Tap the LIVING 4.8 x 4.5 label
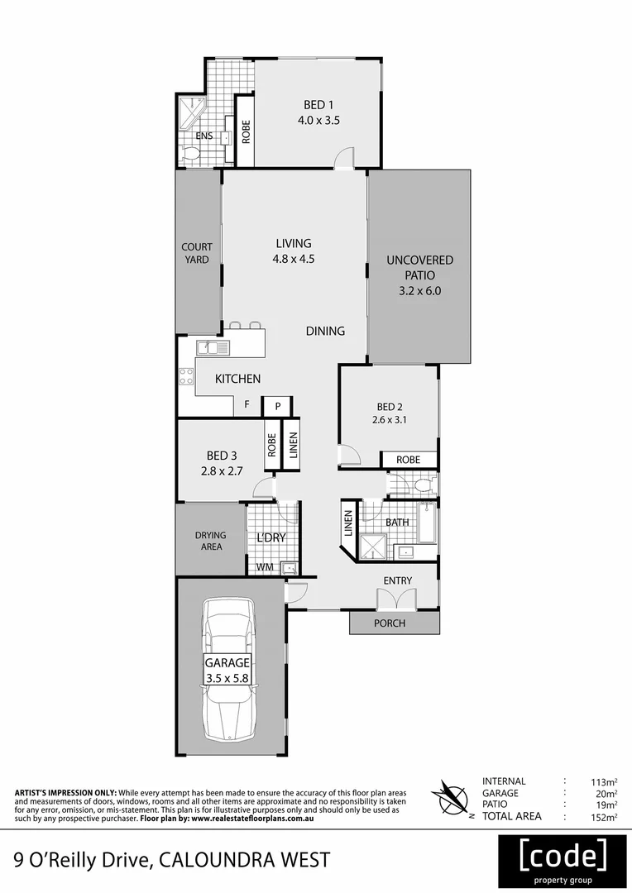(x=294, y=251)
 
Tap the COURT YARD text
(x=197, y=253)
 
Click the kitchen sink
(x=212, y=349)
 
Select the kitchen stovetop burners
(x=185, y=378)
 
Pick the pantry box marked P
(x=278, y=406)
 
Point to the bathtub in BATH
(x=426, y=523)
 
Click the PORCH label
(x=390, y=623)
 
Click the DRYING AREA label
(x=211, y=541)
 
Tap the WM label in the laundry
(x=264, y=567)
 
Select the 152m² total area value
(x=605, y=817)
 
